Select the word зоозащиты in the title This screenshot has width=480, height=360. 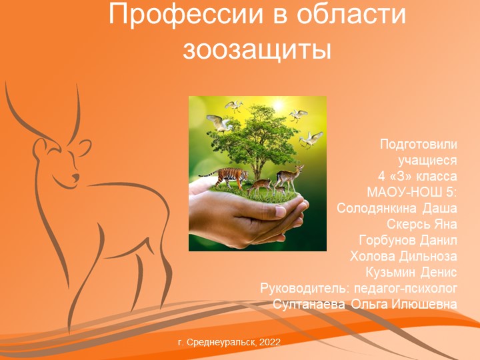[x=257, y=47]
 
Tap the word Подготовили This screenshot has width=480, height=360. [x=418, y=145]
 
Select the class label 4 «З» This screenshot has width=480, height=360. [x=401, y=177]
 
